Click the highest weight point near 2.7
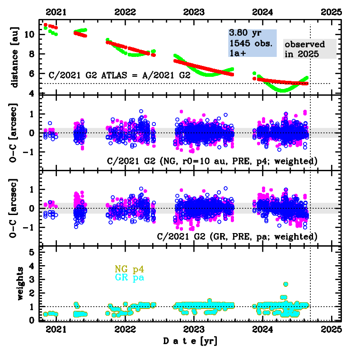tap(285, 284)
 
